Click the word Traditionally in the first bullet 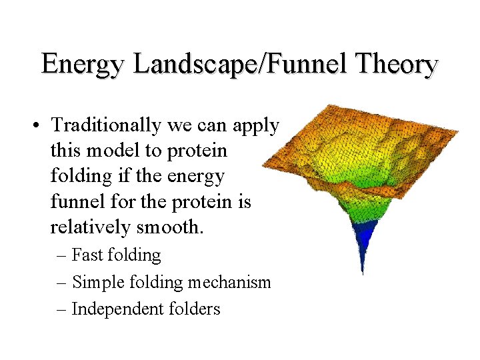pyautogui.click(x=107, y=125)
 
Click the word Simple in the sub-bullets pyautogui.click(x=94, y=283)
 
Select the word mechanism pyautogui.click(x=229, y=283)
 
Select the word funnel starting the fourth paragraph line pyautogui.click(x=74, y=202)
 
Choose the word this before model pyautogui.click(x=65, y=151)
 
